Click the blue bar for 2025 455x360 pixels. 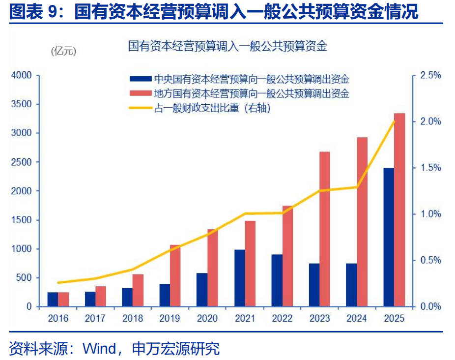point(389,237)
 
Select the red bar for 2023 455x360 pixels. point(324,229)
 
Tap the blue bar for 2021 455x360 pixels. point(239,278)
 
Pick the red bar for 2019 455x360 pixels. point(175,275)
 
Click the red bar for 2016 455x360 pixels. point(64,299)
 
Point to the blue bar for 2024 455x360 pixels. point(351,285)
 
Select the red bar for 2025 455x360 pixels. point(399,210)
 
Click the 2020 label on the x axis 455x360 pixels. point(207,318)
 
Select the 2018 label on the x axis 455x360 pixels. point(133,318)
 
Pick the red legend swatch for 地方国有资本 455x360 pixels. point(140,93)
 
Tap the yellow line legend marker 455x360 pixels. point(140,108)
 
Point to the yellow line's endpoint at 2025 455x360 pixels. point(394,121)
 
